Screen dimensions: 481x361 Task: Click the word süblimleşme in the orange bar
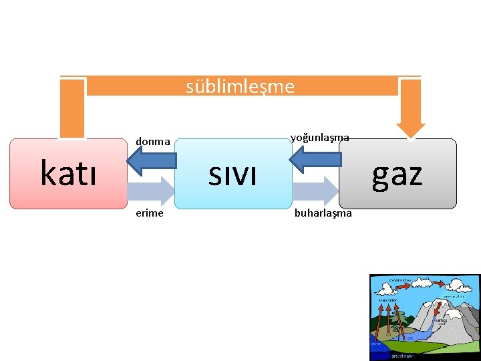click(240, 86)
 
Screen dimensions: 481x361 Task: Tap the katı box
click(68, 174)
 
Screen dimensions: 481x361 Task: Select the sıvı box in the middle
click(232, 174)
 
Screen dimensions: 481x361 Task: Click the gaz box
click(397, 174)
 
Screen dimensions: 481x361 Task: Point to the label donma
click(153, 141)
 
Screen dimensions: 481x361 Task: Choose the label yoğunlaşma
click(319, 137)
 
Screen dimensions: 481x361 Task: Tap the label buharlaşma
click(323, 213)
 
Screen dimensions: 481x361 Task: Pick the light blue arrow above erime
click(151, 191)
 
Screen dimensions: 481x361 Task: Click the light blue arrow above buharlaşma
click(315, 191)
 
